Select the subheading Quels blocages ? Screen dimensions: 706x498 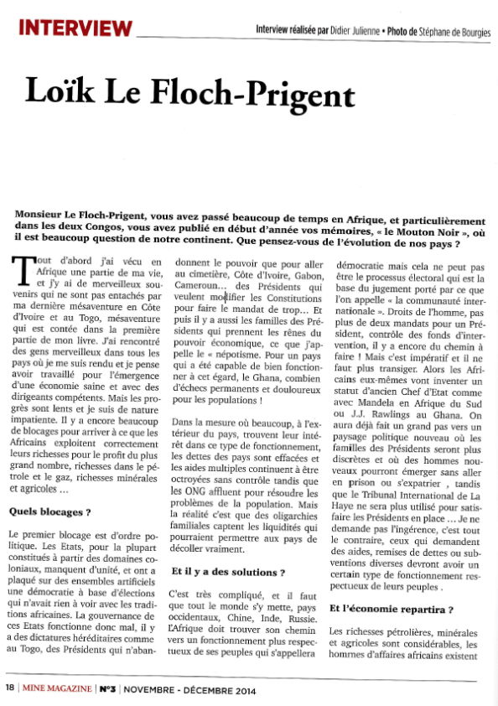49,511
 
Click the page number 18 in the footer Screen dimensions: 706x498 9,689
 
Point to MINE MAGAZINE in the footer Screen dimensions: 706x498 56,689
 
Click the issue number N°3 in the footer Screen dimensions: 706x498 108,689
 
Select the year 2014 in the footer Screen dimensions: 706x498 240,689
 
